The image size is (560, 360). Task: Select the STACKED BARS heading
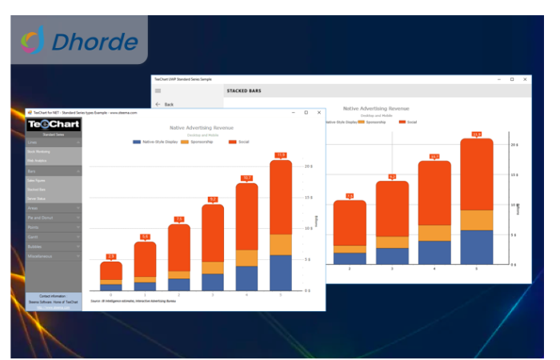click(x=243, y=91)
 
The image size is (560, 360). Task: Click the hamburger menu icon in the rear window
click(x=158, y=91)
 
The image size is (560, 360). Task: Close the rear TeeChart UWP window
click(x=525, y=79)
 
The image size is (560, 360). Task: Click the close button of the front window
click(x=318, y=113)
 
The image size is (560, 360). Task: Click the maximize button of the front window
click(x=306, y=113)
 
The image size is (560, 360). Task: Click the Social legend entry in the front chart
click(x=242, y=142)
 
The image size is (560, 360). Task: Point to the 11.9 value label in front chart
click(x=281, y=155)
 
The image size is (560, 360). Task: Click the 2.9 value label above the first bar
click(x=111, y=257)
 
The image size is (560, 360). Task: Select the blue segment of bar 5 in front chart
click(x=281, y=272)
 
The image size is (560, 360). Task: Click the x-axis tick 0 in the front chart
click(x=111, y=295)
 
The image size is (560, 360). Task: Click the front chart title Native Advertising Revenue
click(x=202, y=128)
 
